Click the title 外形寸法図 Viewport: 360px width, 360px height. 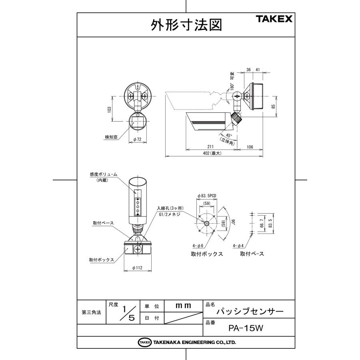click(x=186, y=25)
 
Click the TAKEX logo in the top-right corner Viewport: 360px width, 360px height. click(x=274, y=19)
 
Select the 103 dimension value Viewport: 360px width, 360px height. click(x=109, y=109)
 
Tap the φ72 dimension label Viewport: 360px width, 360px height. click(x=138, y=140)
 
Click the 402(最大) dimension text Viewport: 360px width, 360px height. click(x=212, y=153)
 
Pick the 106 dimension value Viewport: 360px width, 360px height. click(x=250, y=147)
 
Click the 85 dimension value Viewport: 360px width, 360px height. click(x=273, y=107)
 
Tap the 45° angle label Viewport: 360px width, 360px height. click(x=229, y=135)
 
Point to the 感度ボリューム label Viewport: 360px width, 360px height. click(x=103, y=175)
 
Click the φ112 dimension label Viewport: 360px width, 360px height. click(x=138, y=268)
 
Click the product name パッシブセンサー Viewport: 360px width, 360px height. click(x=250, y=311)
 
